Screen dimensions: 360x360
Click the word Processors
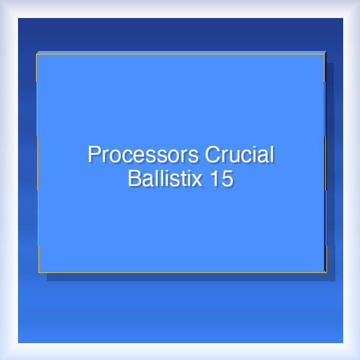(x=144, y=155)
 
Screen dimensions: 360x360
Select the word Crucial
(x=239, y=155)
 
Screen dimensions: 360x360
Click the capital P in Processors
(x=94, y=155)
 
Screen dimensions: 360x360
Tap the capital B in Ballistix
(x=134, y=178)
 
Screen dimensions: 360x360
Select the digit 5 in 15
(x=226, y=178)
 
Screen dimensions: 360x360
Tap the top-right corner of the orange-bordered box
(x=325, y=55)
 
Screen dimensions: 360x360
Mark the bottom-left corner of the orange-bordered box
(x=39, y=272)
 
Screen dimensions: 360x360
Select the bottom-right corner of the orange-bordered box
(x=326, y=272)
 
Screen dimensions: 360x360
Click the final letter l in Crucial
(x=271, y=155)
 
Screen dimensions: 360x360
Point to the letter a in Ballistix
(x=146, y=179)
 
